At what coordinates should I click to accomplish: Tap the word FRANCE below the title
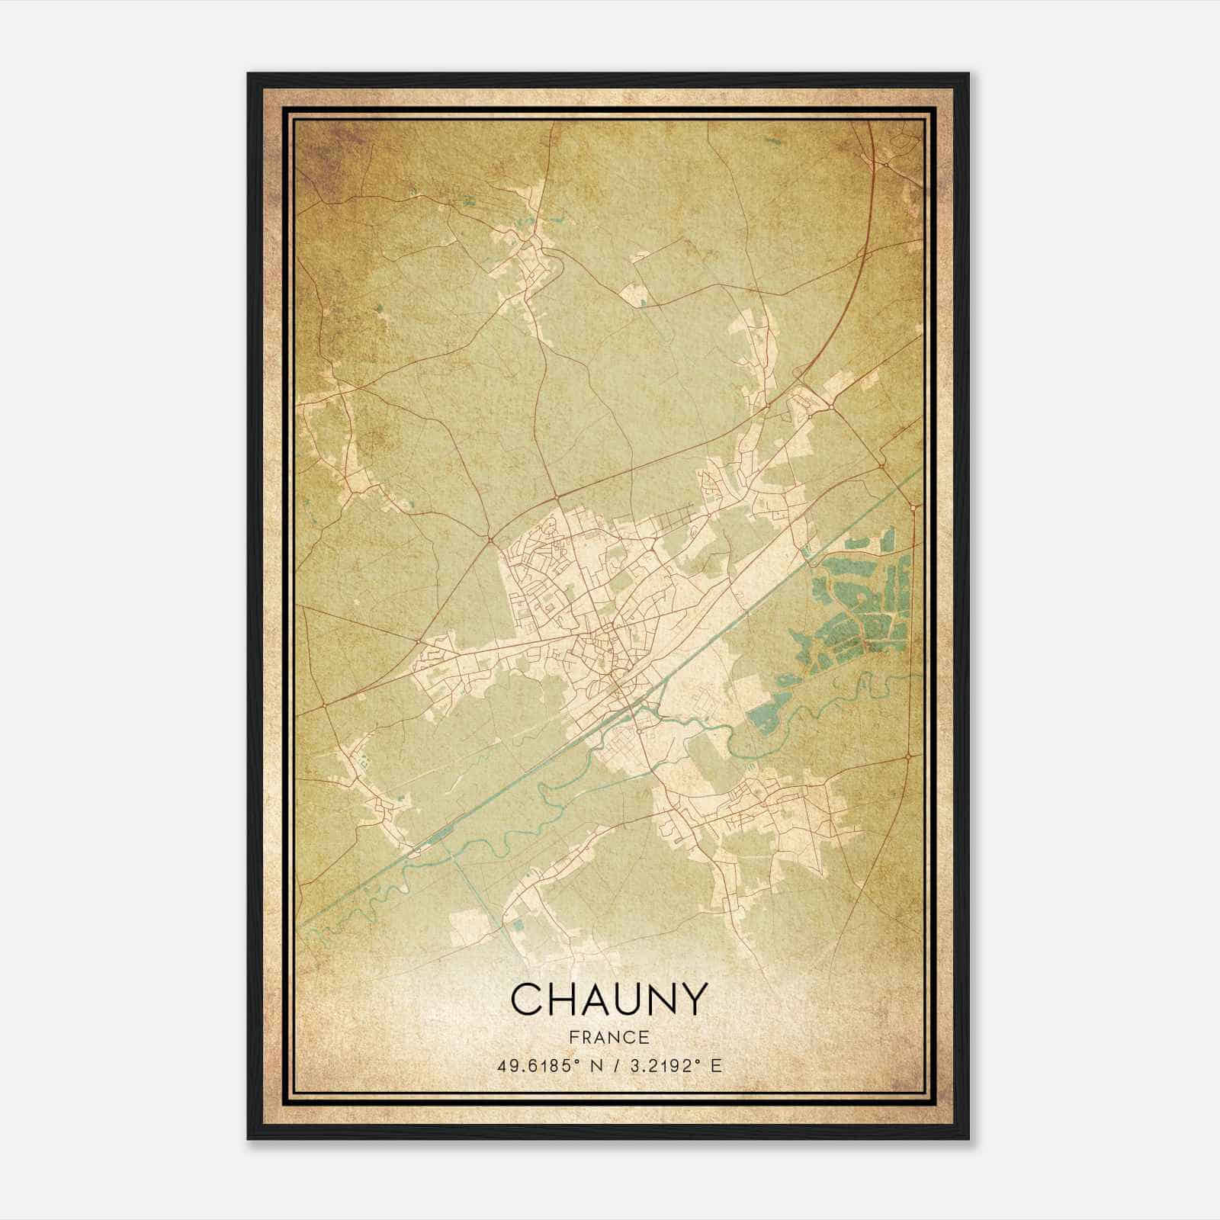point(608,1038)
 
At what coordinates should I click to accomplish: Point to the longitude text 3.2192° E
point(673,1066)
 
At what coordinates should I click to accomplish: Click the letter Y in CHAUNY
point(692,999)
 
